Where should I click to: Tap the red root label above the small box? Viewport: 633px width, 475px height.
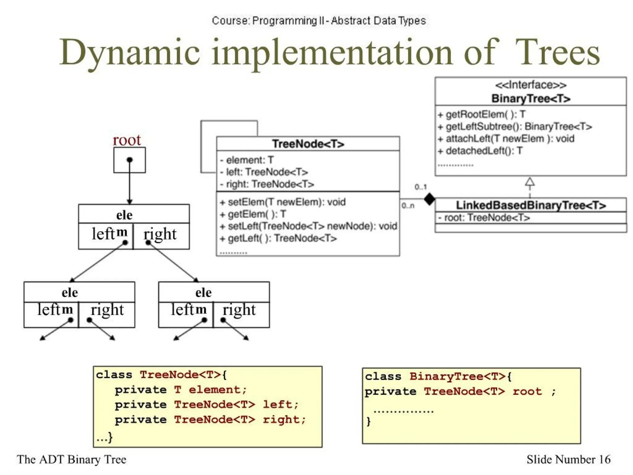pyautogui.click(x=127, y=140)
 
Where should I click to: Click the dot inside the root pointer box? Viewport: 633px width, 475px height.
pyautogui.click(x=130, y=160)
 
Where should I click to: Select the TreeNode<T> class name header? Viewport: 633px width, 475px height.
pyautogui.click(x=308, y=144)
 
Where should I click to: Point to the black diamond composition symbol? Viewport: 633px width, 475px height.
pyautogui.click(x=429, y=199)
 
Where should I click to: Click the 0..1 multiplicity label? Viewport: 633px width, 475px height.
pyautogui.click(x=420, y=187)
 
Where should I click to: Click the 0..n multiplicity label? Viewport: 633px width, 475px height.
pyautogui.click(x=408, y=206)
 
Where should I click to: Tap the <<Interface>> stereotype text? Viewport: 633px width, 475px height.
pyautogui.click(x=531, y=85)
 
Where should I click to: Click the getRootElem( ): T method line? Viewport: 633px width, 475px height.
pyautogui.click(x=482, y=114)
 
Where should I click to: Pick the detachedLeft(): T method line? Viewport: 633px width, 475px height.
pyautogui.click(x=480, y=151)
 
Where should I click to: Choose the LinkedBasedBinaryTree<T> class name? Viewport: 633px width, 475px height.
pyautogui.click(x=531, y=205)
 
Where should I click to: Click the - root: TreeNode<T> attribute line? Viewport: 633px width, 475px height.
pyautogui.click(x=484, y=218)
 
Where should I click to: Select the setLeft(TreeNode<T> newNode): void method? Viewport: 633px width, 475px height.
pyautogui.click(x=308, y=226)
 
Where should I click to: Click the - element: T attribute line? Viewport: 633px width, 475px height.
pyautogui.click(x=247, y=160)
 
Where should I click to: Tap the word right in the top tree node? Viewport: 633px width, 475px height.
pyautogui.click(x=160, y=234)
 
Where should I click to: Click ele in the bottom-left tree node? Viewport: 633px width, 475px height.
pyautogui.click(x=70, y=292)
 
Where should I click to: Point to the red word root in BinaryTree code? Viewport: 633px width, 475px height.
pyautogui.click(x=527, y=391)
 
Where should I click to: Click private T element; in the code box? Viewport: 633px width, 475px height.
pyautogui.click(x=181, y=390)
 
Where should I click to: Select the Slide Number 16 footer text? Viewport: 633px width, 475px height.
pyautogui.click(x=568, y=460)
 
